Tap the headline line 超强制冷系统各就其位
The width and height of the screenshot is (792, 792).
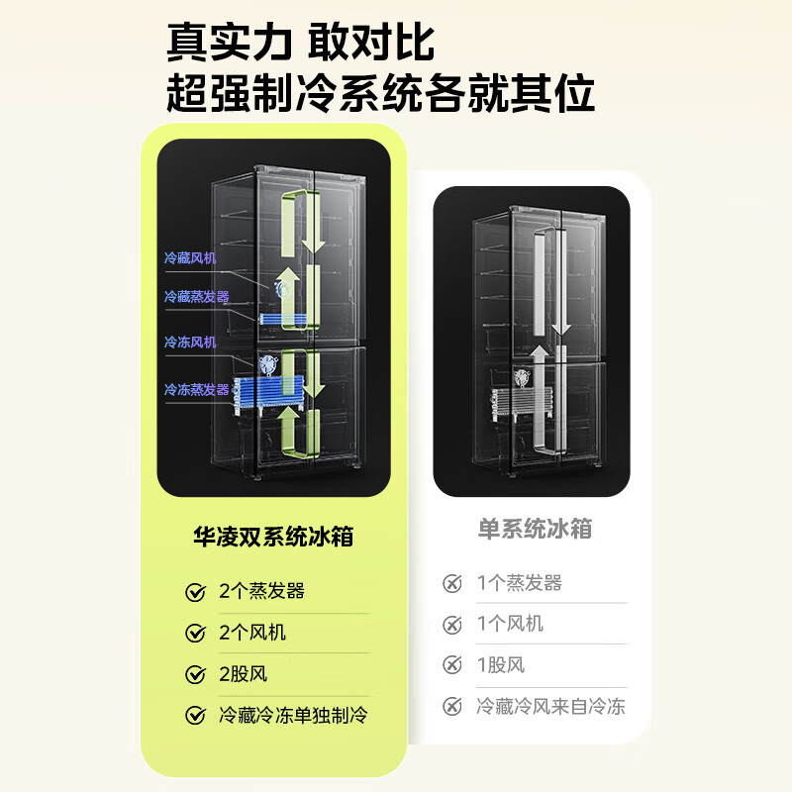[380, 95]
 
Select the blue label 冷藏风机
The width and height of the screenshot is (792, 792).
[190, 258]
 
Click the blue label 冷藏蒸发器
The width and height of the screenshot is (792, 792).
[196, 296]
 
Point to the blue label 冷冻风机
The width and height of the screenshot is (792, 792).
[190, 343]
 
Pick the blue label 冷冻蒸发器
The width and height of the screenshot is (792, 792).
[196, 389]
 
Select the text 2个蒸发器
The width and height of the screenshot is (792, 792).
[261, 592]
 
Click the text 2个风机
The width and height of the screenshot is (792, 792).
[252, 633]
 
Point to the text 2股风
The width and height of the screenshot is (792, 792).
[244, 674]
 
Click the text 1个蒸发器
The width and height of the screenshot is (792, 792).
[520, 583]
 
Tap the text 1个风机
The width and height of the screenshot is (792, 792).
[510, 625]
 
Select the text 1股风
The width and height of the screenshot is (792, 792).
[501, 665]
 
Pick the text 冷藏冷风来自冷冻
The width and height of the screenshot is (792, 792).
[550, 707]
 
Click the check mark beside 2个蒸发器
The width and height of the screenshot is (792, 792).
[195, 593]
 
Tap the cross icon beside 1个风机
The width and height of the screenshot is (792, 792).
[452, 625]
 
